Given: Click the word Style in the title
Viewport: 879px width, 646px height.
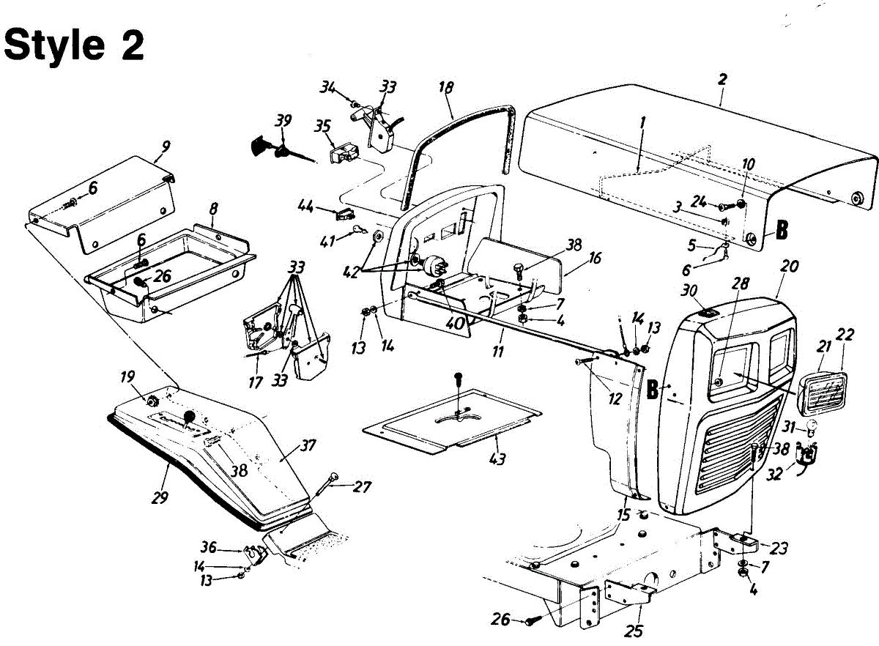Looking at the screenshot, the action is point(53,44).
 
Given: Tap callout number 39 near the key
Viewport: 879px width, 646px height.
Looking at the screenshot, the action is point(283,121).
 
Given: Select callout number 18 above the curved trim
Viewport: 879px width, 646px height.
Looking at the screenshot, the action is point(446,87).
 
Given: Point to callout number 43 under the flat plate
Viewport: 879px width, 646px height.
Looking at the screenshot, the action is point(497,458).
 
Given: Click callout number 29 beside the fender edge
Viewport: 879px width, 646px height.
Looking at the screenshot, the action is point(160,497).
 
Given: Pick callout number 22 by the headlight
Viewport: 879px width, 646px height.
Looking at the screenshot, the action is point(845,335).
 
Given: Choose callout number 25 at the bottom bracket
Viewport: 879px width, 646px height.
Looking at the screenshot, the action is point(634,631).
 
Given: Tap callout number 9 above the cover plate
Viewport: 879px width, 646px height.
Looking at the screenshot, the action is point(166,146).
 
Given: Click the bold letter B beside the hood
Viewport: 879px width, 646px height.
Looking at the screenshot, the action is point(782,231).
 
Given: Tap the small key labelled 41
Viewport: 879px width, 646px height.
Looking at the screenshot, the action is point(359,229).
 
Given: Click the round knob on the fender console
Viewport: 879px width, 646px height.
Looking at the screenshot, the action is point(190,415).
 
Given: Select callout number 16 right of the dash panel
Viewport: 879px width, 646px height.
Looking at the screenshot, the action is point(595,258).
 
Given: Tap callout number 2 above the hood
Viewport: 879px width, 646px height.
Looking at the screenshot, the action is point(722,79).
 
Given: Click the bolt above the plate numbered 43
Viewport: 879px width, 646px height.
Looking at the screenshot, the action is point(458,381).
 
